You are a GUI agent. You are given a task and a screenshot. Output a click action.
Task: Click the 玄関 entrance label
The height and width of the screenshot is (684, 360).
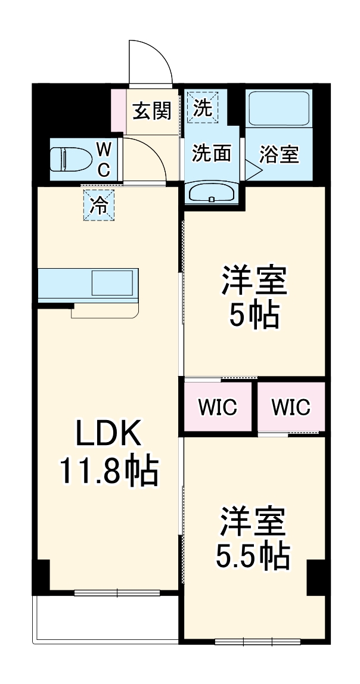[152, 110]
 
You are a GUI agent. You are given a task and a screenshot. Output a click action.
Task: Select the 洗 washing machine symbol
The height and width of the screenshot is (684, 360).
[203, 108]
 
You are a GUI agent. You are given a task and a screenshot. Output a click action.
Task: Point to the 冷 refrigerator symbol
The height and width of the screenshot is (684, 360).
[98, 205]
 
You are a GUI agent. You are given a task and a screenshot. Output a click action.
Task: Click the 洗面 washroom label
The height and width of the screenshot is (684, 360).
[211, 154]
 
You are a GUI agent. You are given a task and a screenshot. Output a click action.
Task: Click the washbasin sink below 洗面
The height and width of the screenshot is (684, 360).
[212, 193]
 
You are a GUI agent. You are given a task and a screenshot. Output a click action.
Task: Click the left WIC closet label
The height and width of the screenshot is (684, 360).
[218, 408]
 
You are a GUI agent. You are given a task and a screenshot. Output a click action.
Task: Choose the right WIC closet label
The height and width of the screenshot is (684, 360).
[291, 408]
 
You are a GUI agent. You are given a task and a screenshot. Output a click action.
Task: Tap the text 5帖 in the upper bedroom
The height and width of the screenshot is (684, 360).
[255, 316]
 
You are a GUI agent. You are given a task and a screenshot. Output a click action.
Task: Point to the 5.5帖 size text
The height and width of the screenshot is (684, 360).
[253, 556]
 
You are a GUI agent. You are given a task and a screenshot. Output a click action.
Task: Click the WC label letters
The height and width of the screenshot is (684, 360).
[103, 160]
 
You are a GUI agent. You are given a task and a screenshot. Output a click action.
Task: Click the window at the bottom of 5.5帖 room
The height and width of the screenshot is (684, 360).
[256, 642]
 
